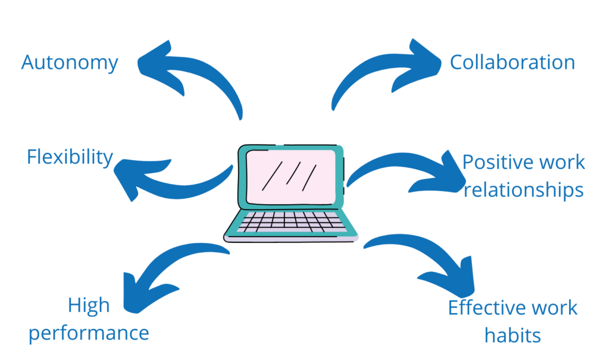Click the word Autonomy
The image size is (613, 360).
coord(70,62)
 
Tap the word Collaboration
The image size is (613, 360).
coord(512,62)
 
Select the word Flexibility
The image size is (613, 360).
coord(70,157)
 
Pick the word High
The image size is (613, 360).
coord(89,305)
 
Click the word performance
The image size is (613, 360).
coord(89,333)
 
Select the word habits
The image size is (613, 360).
coord(512,335)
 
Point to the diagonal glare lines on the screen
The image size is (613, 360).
coord(290,175)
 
